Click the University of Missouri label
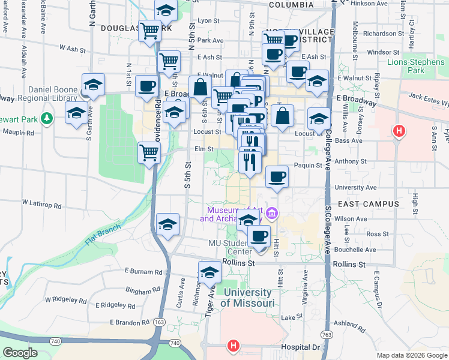247,298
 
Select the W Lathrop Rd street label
41,205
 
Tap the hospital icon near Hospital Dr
233,346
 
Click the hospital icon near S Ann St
397,130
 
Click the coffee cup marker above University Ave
276,176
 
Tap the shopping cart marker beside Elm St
149,152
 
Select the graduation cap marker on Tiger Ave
209,272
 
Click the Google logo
20,353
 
